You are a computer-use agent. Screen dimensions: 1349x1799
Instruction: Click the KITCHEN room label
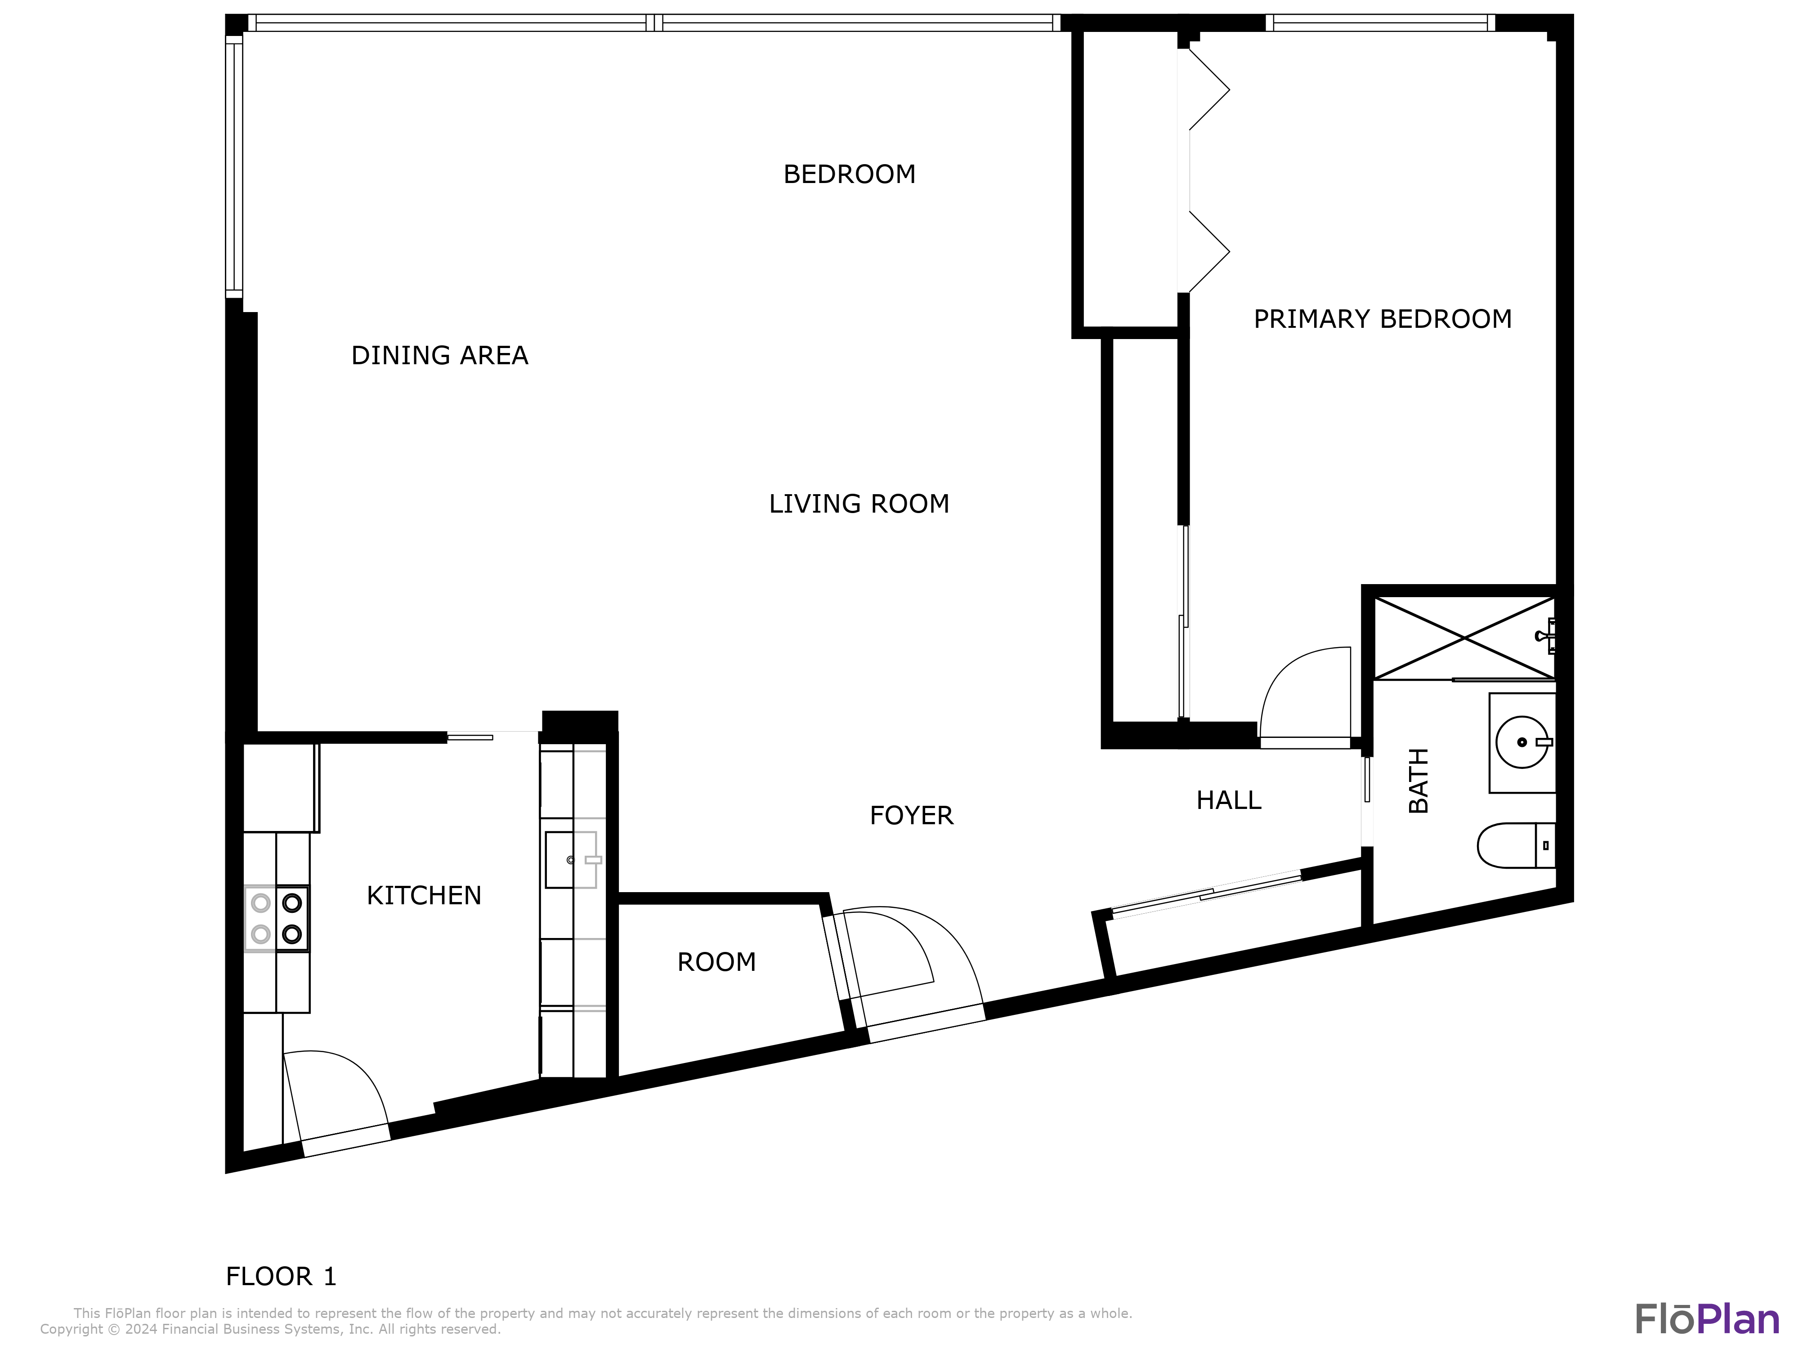coord(424,895)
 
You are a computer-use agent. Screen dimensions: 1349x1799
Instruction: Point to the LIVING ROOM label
coord(859,504)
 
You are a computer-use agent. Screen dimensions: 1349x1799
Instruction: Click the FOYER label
coord(911,816)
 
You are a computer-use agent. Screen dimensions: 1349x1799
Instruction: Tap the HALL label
coord(1228,801)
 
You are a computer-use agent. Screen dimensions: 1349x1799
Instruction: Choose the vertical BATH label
coord(1419,781)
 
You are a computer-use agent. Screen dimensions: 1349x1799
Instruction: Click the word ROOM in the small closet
coord(716,963)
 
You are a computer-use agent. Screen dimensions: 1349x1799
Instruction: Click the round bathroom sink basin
coord(1521,742)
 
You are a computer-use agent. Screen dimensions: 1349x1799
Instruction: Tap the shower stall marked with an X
coord(1464,639)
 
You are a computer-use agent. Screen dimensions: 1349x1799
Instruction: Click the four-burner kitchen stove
coord(277,918)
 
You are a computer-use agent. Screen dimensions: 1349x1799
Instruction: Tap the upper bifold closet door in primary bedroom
coord(1208,89)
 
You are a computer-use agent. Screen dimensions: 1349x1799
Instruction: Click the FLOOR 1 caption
coord(281,1277)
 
